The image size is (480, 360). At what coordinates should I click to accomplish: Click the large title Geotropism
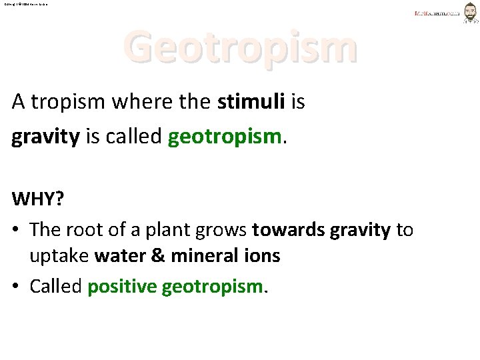coord(240,46)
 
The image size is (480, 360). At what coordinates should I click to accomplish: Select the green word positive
coord(122,287)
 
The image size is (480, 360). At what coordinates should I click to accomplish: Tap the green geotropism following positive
coord(213,287)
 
